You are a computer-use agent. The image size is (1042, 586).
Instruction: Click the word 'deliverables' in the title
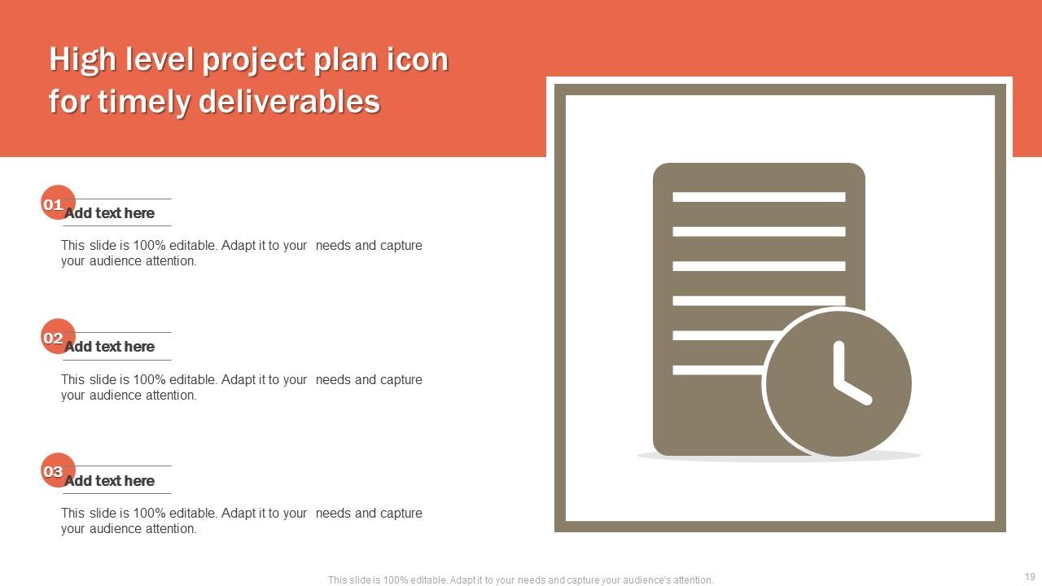point(289,101)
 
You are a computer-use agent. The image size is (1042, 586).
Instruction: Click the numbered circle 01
point(58,203)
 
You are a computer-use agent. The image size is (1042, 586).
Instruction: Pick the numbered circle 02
point(58,336)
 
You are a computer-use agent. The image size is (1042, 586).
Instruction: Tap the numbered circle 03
point(58,470)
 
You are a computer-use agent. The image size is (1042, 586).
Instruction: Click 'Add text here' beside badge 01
point(109,213)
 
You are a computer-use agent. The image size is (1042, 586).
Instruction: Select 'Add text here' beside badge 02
point(109,347)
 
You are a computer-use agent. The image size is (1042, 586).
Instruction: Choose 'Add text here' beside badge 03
point(109,480)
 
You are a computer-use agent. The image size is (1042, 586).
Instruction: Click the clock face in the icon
point(838,383)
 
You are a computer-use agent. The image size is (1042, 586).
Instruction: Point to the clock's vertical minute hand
point(838,364)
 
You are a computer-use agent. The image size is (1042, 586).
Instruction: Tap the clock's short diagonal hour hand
point(853,392)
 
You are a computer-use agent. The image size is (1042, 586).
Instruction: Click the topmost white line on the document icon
point(759,197)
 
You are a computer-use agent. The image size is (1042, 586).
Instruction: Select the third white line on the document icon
point(759,266)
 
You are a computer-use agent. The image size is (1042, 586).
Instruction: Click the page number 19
point(1030,577)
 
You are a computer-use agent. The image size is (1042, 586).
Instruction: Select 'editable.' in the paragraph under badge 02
point(194,379)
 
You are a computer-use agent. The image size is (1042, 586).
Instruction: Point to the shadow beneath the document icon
point(779,457)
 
